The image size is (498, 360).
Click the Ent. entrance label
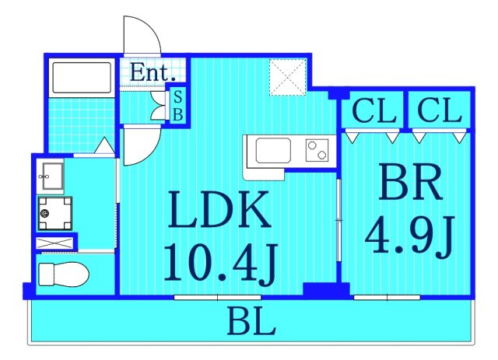pyautogui.click(x=153, y=72)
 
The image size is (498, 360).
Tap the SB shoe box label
pyautogui.click(x=178, y=106)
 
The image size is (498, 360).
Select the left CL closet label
pyautogui.click(x=374, y=110)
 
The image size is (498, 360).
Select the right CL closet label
pyautogui.click(x=439, y=110)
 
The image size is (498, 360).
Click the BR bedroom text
pyautogui.click(x=410, y=182)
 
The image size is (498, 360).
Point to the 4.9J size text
pyautogui.click(x=410, y=236)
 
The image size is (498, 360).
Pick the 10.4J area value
pyautogui.click(x=220, y=263)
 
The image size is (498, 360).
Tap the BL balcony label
pyautogui.click(x=251, y=321)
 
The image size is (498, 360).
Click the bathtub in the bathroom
pyautogui.click(x=82, y=78)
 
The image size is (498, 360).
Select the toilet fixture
pyautogui.click(x=64, y=274)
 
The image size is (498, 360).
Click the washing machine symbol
pyautogui.click(x=55, y=213)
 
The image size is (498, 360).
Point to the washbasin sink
pyautogui.click(x=50, y=177)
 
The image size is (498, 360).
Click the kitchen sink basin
pyautogui.click(x=273, y=151)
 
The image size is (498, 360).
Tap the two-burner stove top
pyautogui.click(x=317, y=150)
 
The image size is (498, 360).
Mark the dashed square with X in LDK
pyautogui.click(x=288, y=77)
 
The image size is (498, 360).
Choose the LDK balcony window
pyautogui.click(x=218, y=298)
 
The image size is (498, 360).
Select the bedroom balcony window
pyautogui.click(x=387, y=298)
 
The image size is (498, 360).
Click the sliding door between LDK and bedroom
pyautogui.click(x=339, y=220)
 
